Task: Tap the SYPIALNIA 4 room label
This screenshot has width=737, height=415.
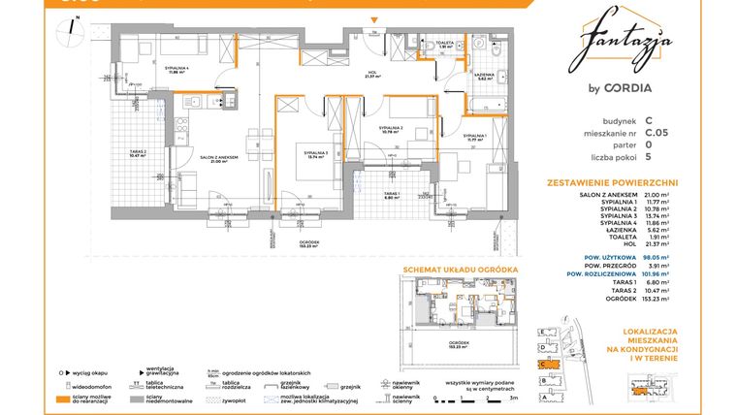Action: coord(176,68)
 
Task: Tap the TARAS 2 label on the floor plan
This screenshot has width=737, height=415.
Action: coord(139,153)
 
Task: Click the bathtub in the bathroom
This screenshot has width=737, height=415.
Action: coord(484,102)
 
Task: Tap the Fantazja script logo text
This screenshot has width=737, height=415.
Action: coord(629,44)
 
